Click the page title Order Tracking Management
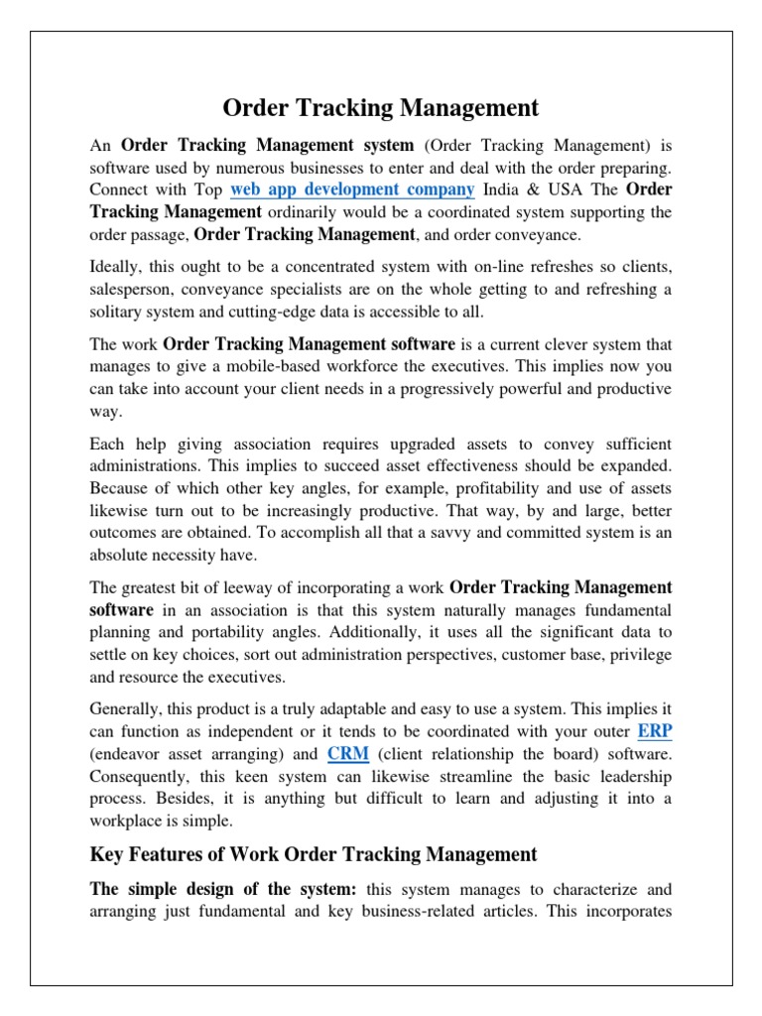click(x=381, y=107)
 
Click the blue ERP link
click(x=655, y=731)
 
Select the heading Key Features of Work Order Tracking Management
click(x=314, y=854)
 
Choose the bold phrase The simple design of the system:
click(x=228, y=889)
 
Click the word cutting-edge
click(x=325, y=312)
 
